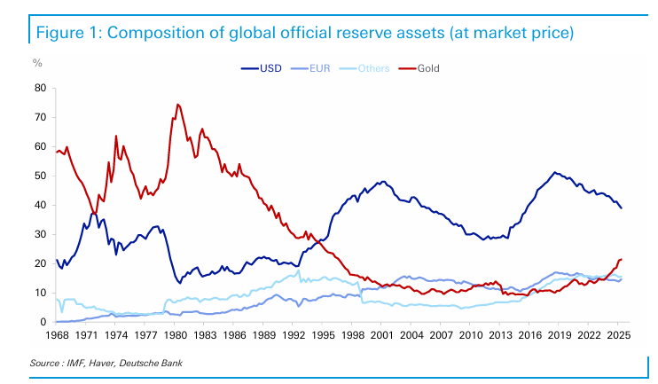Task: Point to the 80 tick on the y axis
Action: [x=39, y=88]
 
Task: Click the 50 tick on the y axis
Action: [x=39, y=176]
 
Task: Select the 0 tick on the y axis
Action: [x=42, y=322]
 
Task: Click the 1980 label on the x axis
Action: [x=176, y=336]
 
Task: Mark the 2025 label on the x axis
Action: [x=618, y=336]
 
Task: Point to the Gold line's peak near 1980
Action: [x=177, y=104]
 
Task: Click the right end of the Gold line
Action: [x=622, y=259]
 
